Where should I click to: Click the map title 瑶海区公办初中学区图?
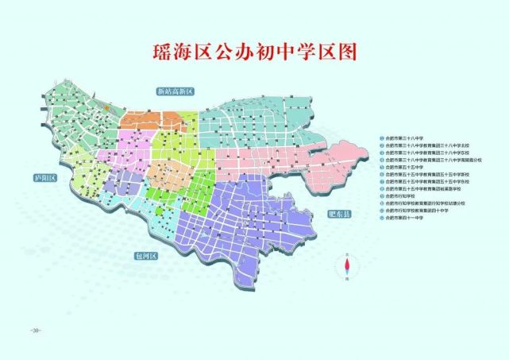coord(255,52)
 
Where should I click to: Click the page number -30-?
coord(33,328)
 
